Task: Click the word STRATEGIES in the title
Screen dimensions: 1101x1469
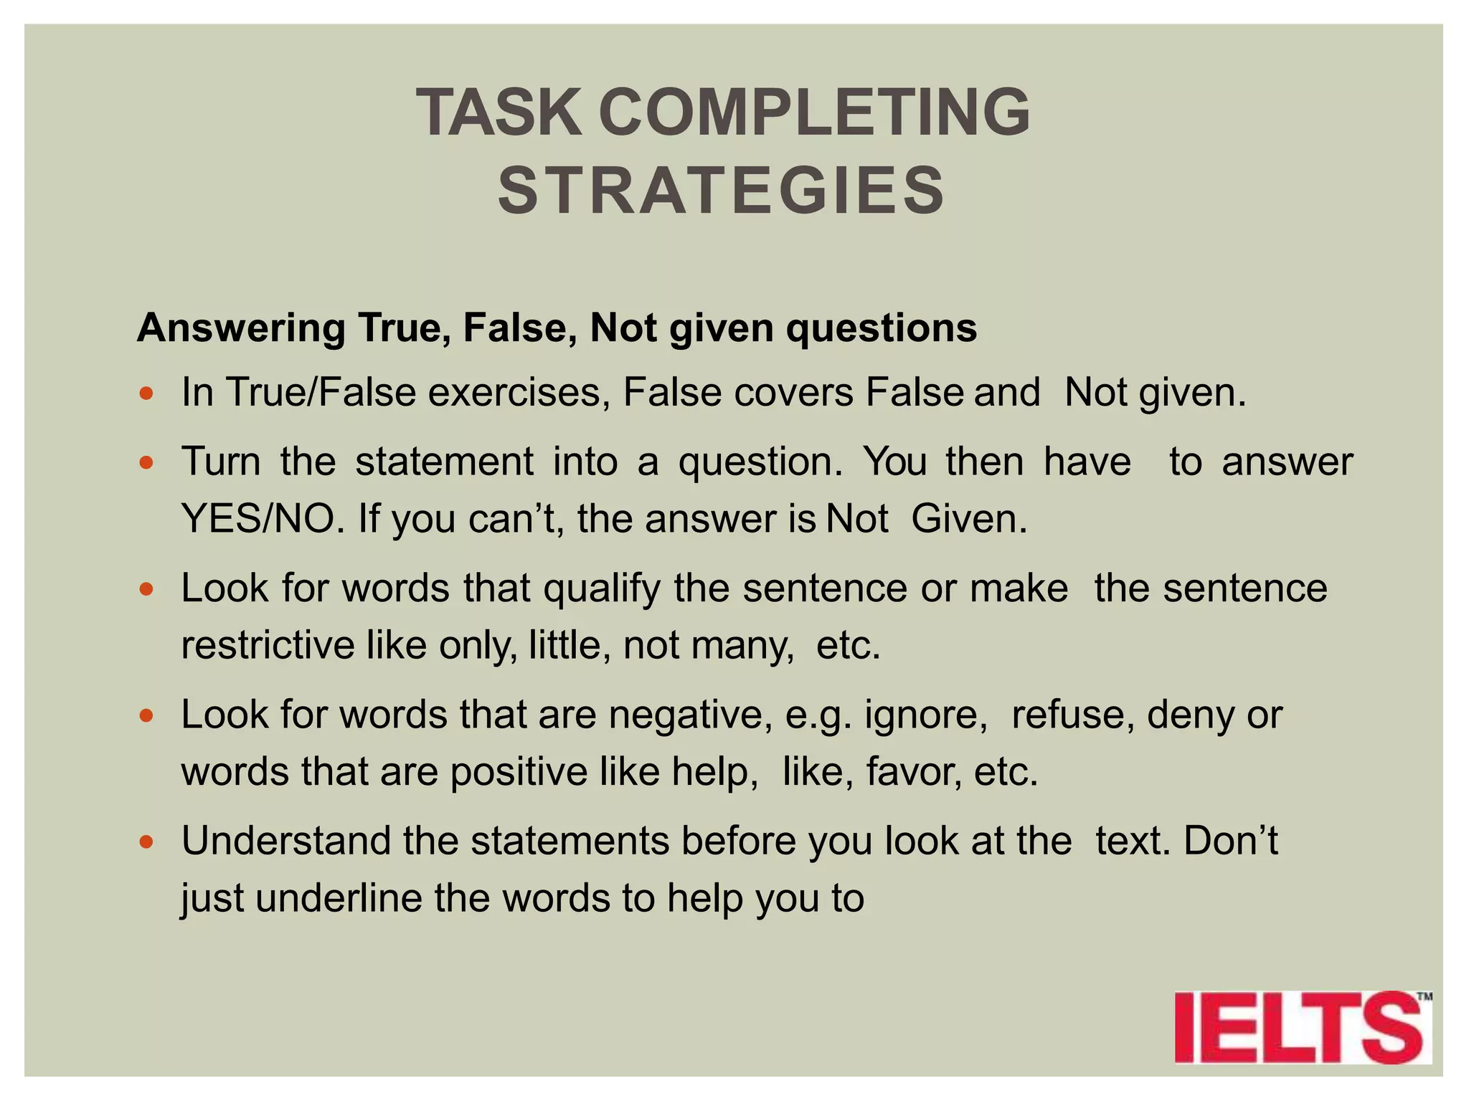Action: pos(722,190)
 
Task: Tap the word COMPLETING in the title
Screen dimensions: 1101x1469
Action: pos(814,113)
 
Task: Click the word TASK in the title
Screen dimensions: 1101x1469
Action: pos(499,113)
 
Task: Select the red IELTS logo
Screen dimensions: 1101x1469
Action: pos(1301,1026)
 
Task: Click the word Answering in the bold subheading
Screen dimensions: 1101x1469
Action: pos(241,329)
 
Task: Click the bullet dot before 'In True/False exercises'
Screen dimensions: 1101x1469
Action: pos(147,394)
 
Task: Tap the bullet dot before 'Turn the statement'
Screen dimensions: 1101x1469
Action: pos(147,463)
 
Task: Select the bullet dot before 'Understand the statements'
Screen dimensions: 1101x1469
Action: pos(147,842)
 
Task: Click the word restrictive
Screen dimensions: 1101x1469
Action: pos(268,645)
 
